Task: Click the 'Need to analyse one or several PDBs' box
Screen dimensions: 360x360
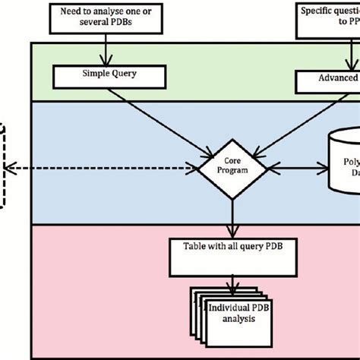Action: (x=105, y=17)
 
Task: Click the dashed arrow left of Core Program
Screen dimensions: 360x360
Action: (x=99, y=166)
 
